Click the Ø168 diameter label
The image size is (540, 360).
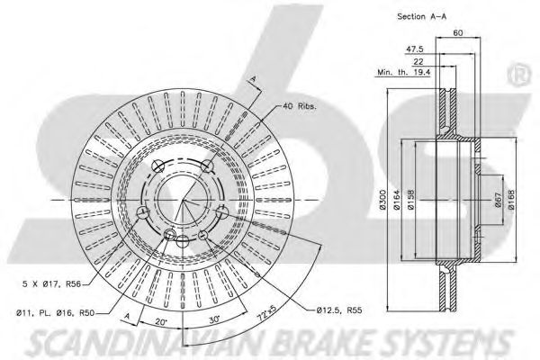point(511,197)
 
